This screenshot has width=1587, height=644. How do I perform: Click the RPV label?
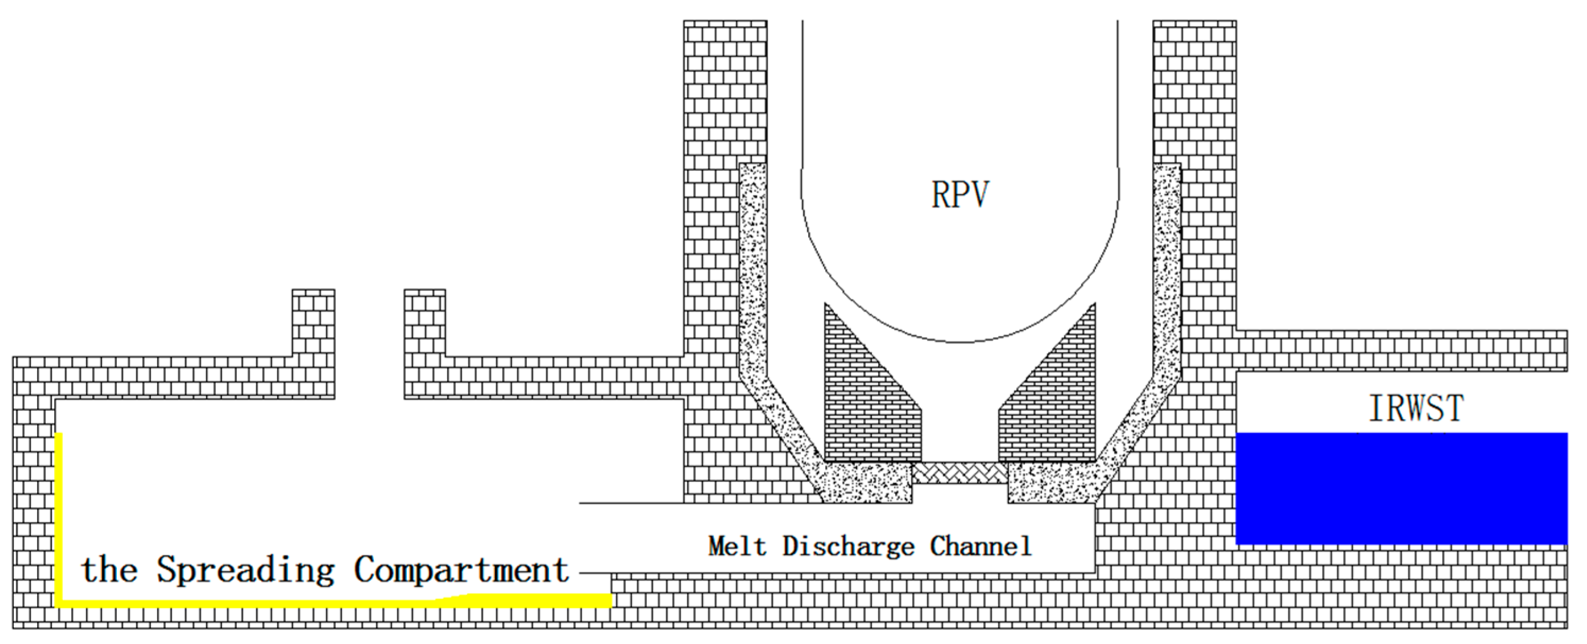pos(960,195)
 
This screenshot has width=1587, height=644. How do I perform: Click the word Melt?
pos(737,546)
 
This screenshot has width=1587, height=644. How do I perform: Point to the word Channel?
pos(981,546)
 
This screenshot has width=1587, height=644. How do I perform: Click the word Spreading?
pos(246,570)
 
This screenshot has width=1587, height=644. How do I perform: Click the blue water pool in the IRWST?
pos(1401,488)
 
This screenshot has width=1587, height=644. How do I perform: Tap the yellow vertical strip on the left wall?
pos(59,518)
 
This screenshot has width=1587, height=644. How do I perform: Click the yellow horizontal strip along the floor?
pos(333,601)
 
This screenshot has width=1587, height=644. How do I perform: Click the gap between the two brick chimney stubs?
pos(370,345)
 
